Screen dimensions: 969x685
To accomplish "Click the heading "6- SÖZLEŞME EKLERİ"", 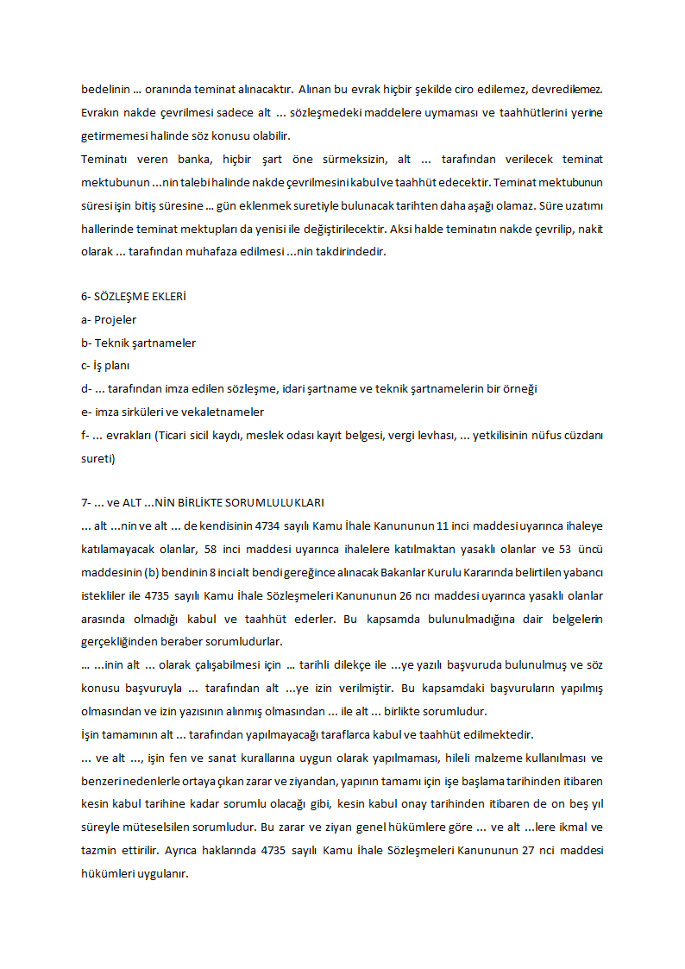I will [x=134, y=297].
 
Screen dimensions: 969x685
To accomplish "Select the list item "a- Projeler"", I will [x=109, y=320].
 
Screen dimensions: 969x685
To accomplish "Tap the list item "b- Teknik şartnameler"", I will [x=138, y=343].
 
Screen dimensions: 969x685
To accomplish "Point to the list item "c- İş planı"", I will [x=105, y=366].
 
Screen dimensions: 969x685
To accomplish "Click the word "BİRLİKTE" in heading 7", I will [x=194, y=503].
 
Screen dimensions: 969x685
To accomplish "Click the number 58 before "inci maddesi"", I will [x=211, y=549].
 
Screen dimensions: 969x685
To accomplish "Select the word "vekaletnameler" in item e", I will [x=224, y=412].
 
